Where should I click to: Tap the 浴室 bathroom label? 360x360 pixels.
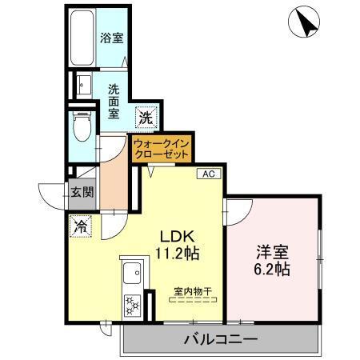112,38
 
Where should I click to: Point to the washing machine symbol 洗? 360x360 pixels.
144,117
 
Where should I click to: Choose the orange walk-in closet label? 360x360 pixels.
162,148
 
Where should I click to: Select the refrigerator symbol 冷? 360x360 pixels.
80,227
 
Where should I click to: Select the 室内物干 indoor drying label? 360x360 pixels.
194,291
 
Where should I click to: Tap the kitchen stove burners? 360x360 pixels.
130,305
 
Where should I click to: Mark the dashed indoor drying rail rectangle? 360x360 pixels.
194,302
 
